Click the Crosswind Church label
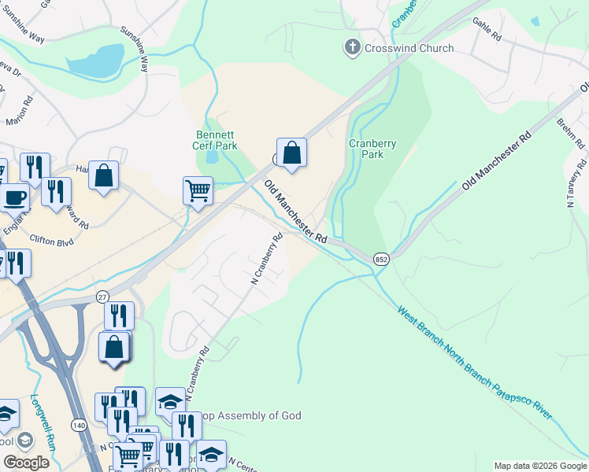coord(409,48)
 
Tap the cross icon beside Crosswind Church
coord(352,48)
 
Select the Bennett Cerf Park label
coord(216,140)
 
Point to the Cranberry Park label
coord(372,149)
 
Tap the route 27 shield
coord(102,296)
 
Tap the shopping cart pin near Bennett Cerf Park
coord(198,190)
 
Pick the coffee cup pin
coord(13,197)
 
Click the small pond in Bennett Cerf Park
coord(212,156)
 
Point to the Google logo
coord(26,463)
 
